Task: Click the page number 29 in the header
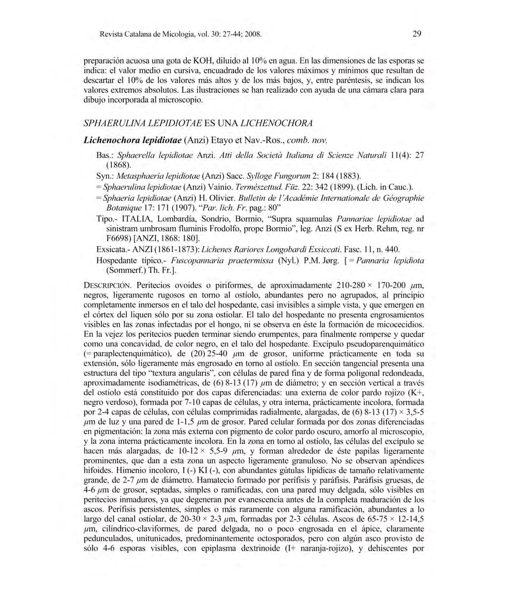coord(417,34)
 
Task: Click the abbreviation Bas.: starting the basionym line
coord(105,155)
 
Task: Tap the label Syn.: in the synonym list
coord(105,175)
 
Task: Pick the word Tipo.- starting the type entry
coord(107,219)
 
